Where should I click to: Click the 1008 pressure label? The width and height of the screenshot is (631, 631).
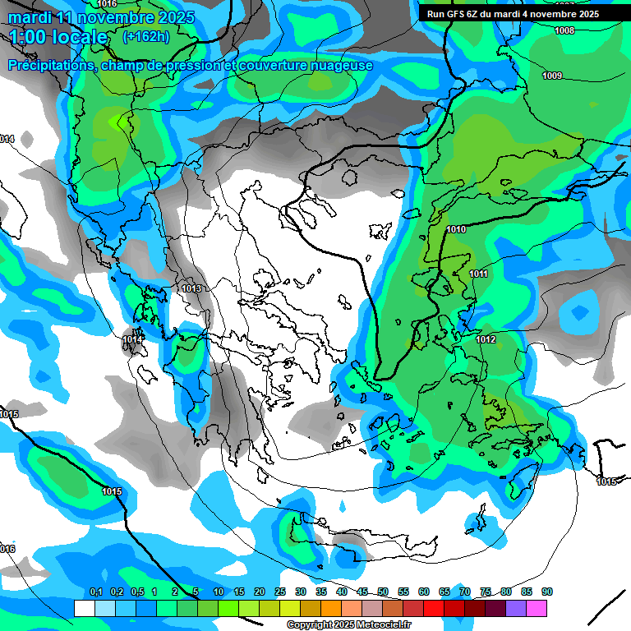tap(564, 30)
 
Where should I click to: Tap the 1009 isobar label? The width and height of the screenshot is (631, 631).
tap(552, 76)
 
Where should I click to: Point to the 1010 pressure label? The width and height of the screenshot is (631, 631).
tap(457, 229)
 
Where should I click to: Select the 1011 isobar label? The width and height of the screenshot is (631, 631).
tap(479, 274)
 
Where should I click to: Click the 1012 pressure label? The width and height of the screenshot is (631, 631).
tap(486, 339)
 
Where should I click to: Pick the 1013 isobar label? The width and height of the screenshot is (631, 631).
tap(191, 288)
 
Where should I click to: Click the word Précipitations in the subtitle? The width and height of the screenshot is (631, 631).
tap(49, 65)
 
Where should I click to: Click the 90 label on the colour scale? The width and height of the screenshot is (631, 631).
tap(547, 592)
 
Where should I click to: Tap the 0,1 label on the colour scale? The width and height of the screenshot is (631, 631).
tap(95, 592)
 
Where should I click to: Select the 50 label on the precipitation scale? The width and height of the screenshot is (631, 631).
tap(383, 592)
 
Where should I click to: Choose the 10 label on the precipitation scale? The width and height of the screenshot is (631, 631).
tap(219, 592)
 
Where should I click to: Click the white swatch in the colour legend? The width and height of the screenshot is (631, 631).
tap(84, 608)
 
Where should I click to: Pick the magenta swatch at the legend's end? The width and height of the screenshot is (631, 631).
tap(537, 608)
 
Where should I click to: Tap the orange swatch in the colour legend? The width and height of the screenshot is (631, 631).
tap(331, 608)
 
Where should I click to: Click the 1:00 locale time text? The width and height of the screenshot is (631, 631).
tap(58, 37)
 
